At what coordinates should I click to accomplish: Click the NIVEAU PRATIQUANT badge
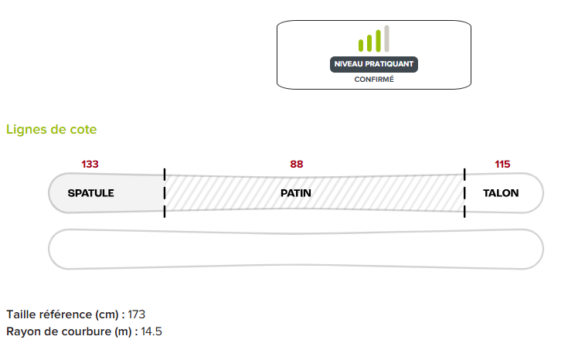374,64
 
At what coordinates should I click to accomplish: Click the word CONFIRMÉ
374,80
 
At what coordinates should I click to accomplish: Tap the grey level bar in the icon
386,39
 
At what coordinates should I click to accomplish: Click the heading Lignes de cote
52,130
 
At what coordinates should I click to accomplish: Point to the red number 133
90,164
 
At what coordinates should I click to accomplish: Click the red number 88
297,164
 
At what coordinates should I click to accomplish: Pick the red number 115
502,164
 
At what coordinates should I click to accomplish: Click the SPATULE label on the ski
90,193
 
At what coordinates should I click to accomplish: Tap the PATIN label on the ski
296,193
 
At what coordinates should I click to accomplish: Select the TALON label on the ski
501,193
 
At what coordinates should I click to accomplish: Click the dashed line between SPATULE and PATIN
165,192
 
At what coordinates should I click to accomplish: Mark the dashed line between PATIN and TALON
464,192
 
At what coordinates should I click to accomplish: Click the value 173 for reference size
136,314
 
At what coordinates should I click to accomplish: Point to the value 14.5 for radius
150,331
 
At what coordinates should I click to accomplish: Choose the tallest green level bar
378,41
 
